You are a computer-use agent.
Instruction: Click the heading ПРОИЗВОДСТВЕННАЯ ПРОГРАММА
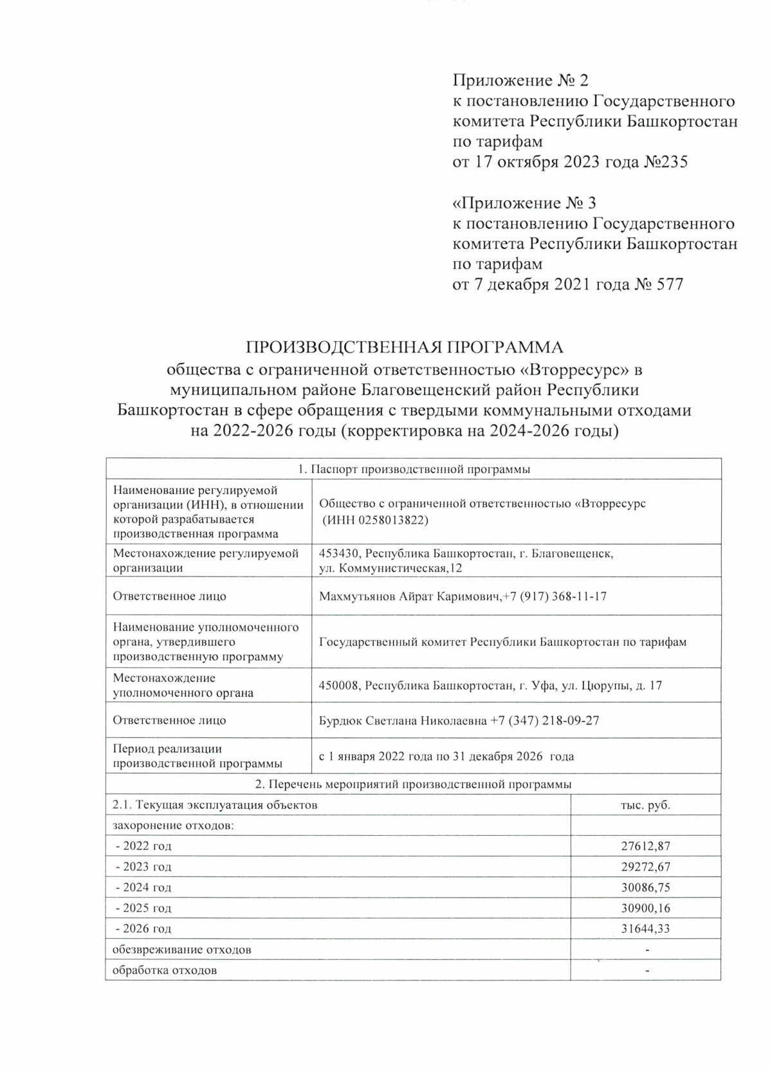tap(405, 347)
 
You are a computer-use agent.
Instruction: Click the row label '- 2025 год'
tap(143, 908)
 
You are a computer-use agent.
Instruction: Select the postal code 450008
tap(338, 686)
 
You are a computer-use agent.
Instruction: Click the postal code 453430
tap(338, 553)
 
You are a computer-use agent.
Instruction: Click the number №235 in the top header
tap(665, 161)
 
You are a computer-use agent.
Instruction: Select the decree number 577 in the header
tap(670, 284)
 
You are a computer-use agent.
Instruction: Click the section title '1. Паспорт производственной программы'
tap(414, 469)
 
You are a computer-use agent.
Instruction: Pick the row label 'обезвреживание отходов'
tap(181, 950)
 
